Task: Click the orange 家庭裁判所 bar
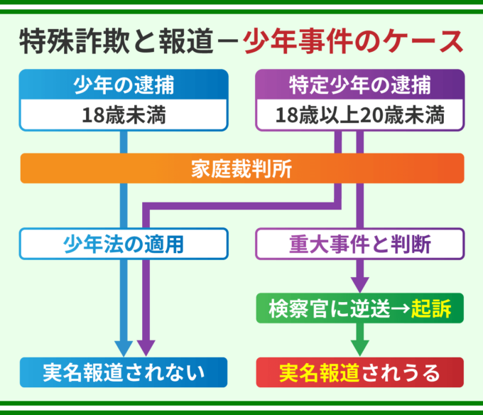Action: tap(241, 169)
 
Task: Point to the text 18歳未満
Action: tap(124, 115)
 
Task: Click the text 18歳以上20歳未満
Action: tap(359, 115)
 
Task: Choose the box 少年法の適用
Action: tap(124, 244)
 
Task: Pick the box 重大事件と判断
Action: tap(359, 244)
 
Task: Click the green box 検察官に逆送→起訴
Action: tap(359, 308)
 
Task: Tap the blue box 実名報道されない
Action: tap(124, 372)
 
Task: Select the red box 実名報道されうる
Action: tap(359, 372)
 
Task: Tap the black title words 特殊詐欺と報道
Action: tap(115, 41)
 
